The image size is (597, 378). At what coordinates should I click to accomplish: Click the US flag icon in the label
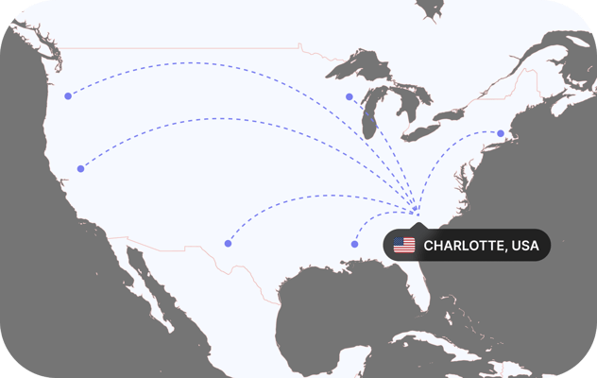point(404,246)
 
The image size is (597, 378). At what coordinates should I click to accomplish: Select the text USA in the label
point(525,246)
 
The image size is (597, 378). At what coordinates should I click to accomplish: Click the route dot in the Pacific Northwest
point(67,96)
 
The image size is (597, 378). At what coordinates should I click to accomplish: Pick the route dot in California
point(80,169)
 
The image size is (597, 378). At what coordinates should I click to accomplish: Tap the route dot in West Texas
point(228,244)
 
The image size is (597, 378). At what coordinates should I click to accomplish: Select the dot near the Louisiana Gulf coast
point(354,244)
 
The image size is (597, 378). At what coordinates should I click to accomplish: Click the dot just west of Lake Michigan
point(349,96)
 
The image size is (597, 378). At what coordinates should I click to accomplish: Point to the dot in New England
point(501,133)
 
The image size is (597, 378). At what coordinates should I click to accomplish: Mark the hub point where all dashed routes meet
point(416,208)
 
